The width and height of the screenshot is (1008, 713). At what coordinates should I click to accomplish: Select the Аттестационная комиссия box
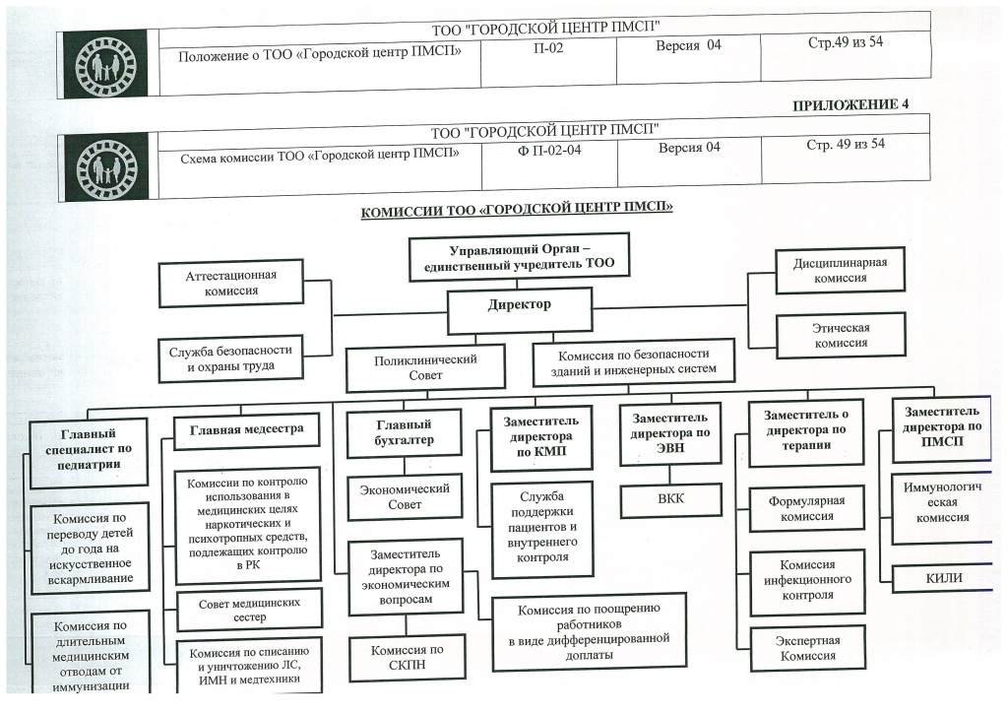click(x=230, y=283)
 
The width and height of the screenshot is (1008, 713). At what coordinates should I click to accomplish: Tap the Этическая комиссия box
click(x=840, y=335)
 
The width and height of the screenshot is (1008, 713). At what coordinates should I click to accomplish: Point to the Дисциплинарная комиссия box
click(x=840, y=270)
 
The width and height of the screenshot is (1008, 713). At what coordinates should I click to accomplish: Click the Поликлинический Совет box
click(x=425, y=367)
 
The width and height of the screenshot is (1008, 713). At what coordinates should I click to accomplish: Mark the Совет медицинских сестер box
click(x=249, y=609)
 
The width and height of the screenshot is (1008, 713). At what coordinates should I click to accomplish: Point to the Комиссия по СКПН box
click(x=407, y=658)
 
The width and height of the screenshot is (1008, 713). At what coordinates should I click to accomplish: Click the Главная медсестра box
click(x=247, y=429)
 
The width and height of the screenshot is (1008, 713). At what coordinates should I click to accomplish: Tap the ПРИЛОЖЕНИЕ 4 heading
click(x=850, y=104)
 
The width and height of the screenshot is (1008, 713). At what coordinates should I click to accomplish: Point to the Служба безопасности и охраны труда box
click(x=230, y=359)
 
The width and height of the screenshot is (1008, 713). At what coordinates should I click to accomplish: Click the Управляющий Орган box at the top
click(x=519, y=259)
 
